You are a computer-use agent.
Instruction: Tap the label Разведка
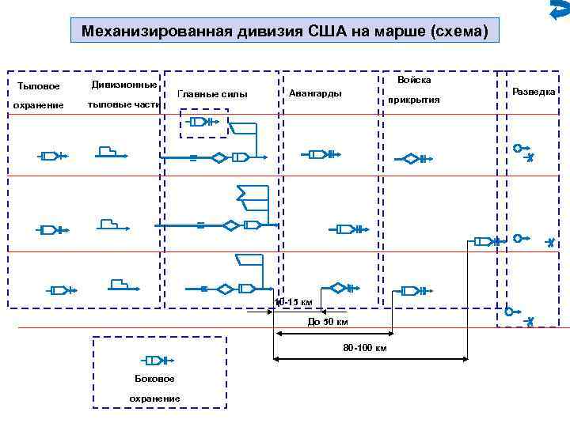pos(534,92)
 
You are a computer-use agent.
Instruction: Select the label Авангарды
pos(316,93)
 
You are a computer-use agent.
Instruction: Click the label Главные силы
pos(213,94)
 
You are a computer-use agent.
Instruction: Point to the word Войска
pos(414,81)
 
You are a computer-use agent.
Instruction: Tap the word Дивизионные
pos(123,84)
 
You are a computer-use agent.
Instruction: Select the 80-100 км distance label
pos(365,348)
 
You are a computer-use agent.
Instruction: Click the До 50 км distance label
pos(326,322)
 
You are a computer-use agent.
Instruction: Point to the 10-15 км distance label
pos(294,302)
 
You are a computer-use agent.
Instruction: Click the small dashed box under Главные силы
pos(205,122)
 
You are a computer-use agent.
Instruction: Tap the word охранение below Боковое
pos(155,398)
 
